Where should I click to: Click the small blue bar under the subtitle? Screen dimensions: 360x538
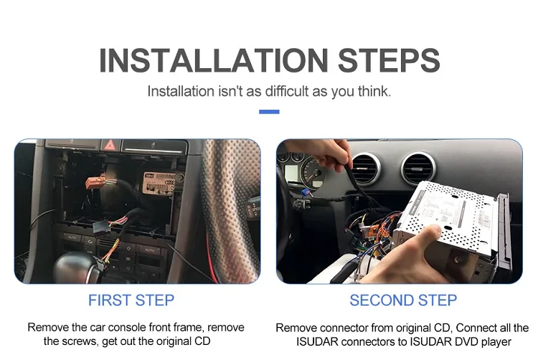pos(268,111)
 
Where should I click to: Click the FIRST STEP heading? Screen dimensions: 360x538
pos(131,300)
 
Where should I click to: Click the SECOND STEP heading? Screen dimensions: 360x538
pos(402,300)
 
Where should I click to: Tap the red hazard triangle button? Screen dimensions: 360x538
pos(110,146)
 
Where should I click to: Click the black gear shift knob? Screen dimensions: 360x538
pos(74,267)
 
